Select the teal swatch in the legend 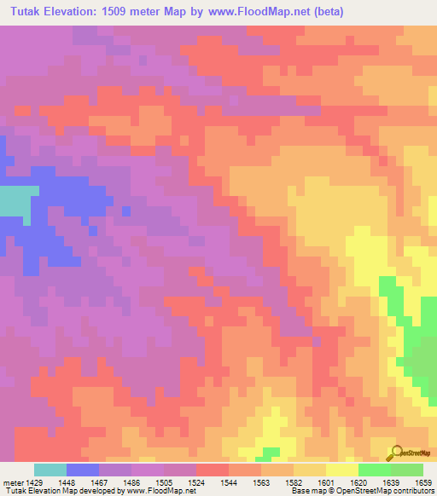[50, 470]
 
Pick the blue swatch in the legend [83, 470]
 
